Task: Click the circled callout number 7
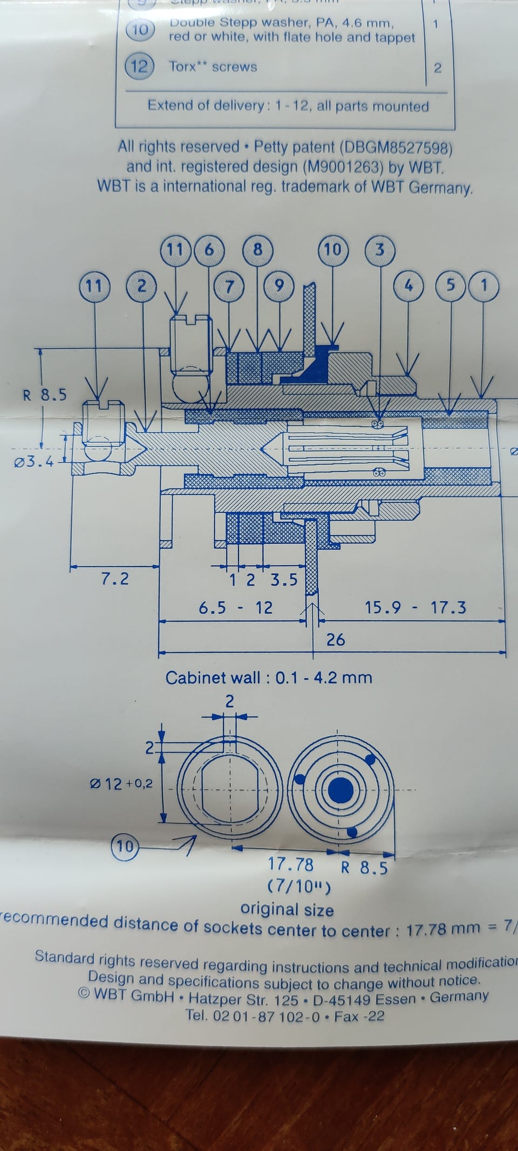coord(230,286)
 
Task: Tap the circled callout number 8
coord(257,249)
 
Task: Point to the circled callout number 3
coord(379,249)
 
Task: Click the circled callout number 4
coord(408,285)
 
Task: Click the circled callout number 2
coord(141,285)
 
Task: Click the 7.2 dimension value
coord(115,579)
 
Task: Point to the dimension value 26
coord(335,639)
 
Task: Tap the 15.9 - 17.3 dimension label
coord(415,608)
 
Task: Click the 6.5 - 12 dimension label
coord(235,608)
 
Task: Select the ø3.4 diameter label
coord(33,462)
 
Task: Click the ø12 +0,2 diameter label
coord(121,783)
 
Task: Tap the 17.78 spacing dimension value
coord(291,864)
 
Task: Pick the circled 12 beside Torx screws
coord(139,67)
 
